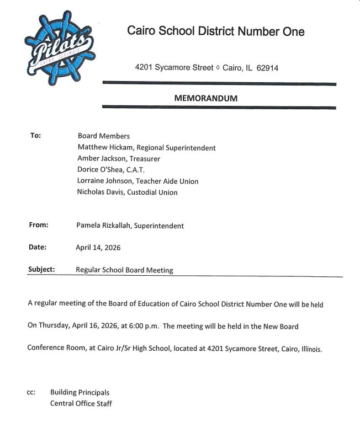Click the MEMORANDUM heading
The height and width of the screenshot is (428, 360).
point(205,98)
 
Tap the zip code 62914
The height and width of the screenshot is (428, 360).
point(267,68)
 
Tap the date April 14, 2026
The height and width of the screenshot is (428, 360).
point(98,248)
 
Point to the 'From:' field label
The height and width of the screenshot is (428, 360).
point(39,225)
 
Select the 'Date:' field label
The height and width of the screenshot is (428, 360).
point(38,247)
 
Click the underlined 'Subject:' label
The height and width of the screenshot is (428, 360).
point(41,270)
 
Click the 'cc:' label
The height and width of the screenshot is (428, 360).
point(31,393)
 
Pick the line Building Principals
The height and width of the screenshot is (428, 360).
point(80,393)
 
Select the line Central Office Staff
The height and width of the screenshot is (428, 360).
point(81,404)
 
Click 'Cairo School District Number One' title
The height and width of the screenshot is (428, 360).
point(216,31)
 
